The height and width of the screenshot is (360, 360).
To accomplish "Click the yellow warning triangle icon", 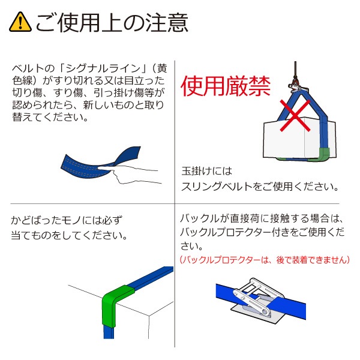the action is coord(20,22).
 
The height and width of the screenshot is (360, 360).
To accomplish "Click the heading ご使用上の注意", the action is coord(112,23).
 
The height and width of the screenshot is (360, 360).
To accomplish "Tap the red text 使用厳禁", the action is coord(226,86).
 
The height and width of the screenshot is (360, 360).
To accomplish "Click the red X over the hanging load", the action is coord(295,115).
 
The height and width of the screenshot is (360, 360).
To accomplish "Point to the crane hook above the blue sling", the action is coord(296,86).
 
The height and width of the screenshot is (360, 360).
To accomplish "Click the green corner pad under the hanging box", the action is coord(324,154).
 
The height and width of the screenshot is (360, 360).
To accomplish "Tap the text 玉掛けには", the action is coord(206,171).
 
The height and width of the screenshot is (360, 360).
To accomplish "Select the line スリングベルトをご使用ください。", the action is coord(260,187).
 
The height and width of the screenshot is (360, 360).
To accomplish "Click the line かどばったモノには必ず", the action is coord(67,220).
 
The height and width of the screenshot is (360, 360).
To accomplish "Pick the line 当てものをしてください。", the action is coord(69,236).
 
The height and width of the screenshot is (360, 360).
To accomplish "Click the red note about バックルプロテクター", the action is coord(265,260).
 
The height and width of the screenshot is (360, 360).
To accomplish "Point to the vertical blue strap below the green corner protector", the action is coord(109,332).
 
